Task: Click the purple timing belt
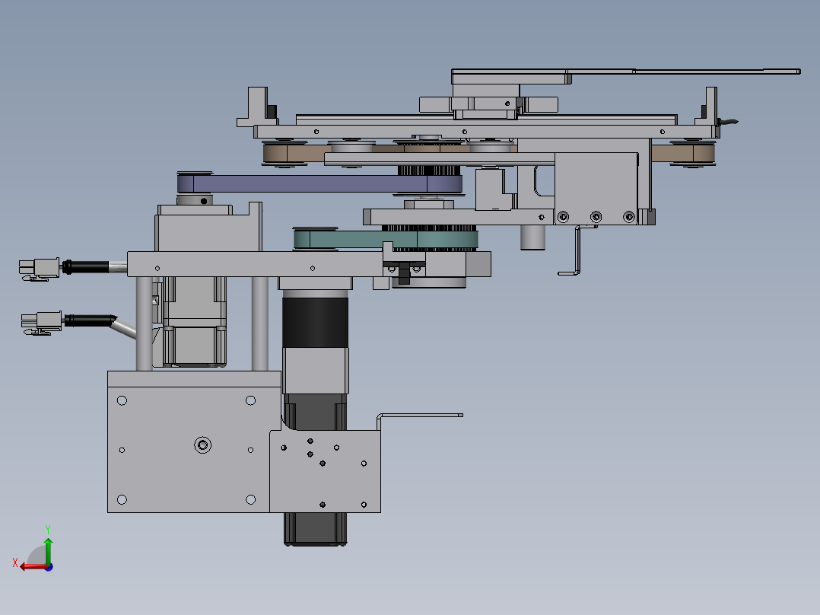pos(304,183)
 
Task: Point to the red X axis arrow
pos(30,566)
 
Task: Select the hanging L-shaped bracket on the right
pos(577,251)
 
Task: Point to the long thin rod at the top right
pos(715,72)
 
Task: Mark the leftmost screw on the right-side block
pos(562,217)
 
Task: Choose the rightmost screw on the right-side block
pos(629,217)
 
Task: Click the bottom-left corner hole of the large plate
pos(122,499)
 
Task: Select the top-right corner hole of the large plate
pos(250,400)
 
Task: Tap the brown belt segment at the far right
pos(683,155)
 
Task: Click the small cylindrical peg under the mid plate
pos(533,237)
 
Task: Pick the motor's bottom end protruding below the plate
pos(316,529)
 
